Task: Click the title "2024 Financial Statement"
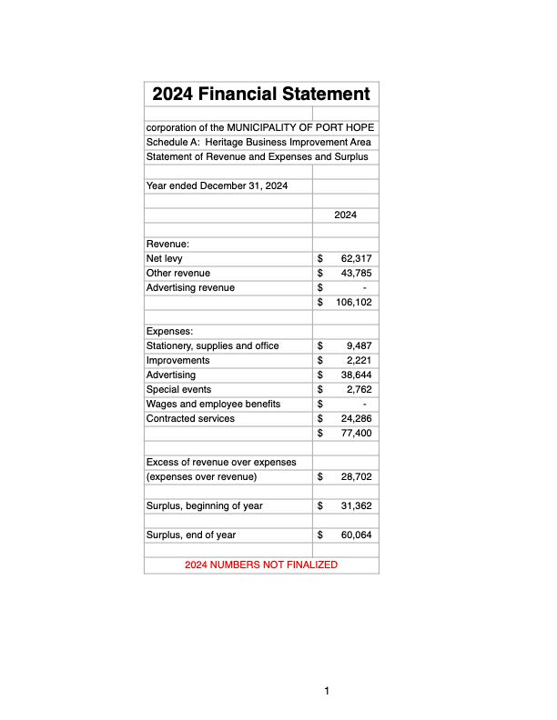click(261, 94)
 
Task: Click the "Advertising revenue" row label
click(190, 288)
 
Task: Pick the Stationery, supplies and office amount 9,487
click(359, 346)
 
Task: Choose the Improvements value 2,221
click(359, 361)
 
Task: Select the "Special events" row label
click(178, 390)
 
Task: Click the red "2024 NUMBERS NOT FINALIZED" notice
click(261, 565)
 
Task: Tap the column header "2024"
click(345, 215)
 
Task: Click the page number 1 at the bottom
click(327, 692)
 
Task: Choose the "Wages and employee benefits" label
click(213, 405)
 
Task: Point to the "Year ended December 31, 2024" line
click(218, 186)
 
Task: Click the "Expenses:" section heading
click(170, 332)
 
